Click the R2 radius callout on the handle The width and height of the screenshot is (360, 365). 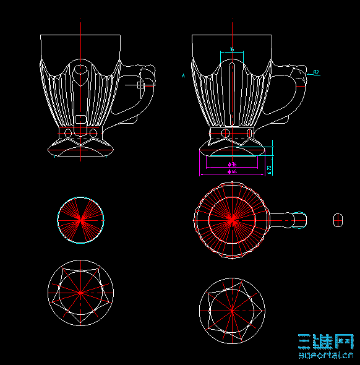point(315,72)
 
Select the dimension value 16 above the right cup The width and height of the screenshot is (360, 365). point(232,49)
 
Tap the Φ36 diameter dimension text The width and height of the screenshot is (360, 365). point(233,165)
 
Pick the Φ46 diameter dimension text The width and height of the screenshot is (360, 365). point(233,171)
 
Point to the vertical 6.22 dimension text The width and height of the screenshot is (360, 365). point(269,168)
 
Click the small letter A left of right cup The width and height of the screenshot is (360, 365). point(184,75)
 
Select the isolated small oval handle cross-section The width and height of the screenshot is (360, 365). point(338,219)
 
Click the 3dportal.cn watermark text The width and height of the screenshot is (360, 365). point(326,355)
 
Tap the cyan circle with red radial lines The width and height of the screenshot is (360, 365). point(80,220)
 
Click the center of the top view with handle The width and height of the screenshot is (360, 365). point(232,219)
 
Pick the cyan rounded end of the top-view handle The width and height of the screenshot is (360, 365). point(300,219)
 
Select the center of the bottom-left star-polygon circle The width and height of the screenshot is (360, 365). point(80,291)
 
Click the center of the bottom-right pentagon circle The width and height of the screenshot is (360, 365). point(232,309)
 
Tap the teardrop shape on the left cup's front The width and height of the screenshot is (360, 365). point(80,76)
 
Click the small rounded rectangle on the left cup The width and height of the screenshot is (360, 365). point(80,119)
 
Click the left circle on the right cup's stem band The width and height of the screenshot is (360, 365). point(225,134)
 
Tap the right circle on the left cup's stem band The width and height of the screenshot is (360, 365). point(93,133)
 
